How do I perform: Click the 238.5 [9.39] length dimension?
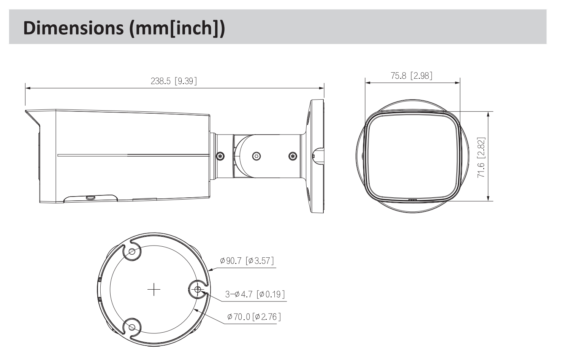coord(174,81)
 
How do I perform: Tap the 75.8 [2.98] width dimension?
coord(412,75)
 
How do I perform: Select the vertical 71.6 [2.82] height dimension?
coord(481,158)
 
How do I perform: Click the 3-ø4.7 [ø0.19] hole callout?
coord(255,294)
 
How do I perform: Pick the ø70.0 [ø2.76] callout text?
coord(254,317)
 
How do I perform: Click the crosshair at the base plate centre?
coord(154,290)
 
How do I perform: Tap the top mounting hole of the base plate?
coord(132,252)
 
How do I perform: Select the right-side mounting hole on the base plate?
coord(198,290)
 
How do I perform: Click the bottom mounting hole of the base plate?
coord(132,327)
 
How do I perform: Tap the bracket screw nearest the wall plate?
coord(292,156)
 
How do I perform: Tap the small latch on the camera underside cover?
coord(90,198)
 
